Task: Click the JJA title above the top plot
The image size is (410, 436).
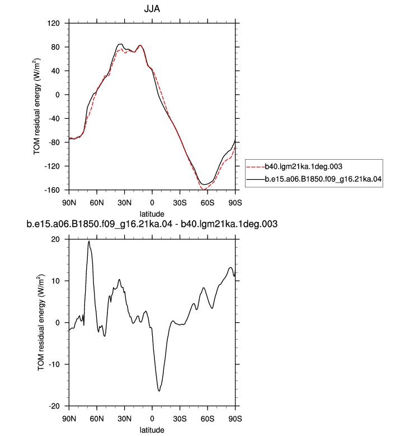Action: pos(152,9)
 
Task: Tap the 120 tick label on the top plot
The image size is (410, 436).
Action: pos(53,23)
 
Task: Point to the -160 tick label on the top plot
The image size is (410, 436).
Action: pos(52,190)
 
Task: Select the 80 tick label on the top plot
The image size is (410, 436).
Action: pos(55,47)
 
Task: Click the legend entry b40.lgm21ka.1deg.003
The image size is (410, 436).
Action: pos(303,166)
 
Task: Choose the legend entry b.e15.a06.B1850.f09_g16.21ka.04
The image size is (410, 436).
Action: pos(323,179)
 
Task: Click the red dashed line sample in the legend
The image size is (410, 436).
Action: pos(256,167)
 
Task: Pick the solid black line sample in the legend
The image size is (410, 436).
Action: pos(256,180)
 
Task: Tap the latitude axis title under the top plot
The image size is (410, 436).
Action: pos(152,214)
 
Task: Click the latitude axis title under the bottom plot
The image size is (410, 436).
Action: pos(152,430)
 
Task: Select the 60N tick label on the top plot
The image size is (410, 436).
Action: pos(97,203)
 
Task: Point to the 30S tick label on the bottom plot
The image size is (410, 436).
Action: pos(180,419)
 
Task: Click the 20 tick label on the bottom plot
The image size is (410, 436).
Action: pos(55,239)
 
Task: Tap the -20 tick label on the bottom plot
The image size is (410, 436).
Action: pos(54,406)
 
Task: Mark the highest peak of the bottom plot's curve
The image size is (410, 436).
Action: pos(89,241)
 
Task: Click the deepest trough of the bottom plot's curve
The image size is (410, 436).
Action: pos(159,391)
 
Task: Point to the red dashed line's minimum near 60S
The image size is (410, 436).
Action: pos(204,189)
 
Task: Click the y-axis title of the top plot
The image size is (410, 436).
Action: pos(37,106)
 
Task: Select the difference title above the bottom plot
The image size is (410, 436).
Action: pos(152,224)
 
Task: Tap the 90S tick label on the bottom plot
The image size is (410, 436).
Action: pos(235,419)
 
